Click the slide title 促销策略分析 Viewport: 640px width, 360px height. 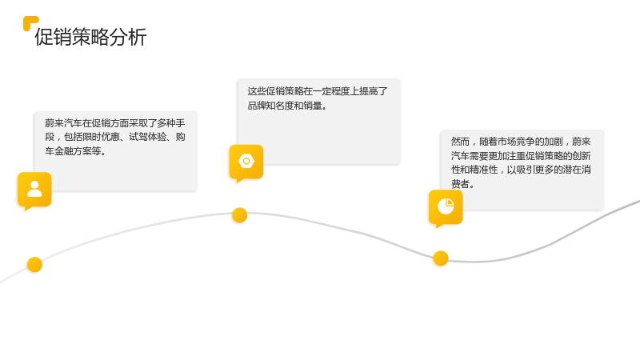[x=90, y=37]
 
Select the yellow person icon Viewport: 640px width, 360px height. [x=34, y=190]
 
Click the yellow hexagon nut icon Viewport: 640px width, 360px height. [x=246, y=162]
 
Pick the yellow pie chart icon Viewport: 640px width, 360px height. [x=446, y=206]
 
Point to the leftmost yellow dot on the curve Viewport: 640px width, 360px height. [x=34, y=265]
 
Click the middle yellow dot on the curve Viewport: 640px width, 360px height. [x=239, y=215]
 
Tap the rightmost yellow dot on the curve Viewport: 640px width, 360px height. [x=441, y=258]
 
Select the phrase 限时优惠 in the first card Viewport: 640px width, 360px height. [x=101, y=137]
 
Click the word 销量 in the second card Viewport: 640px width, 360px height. [x=313, y=106]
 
